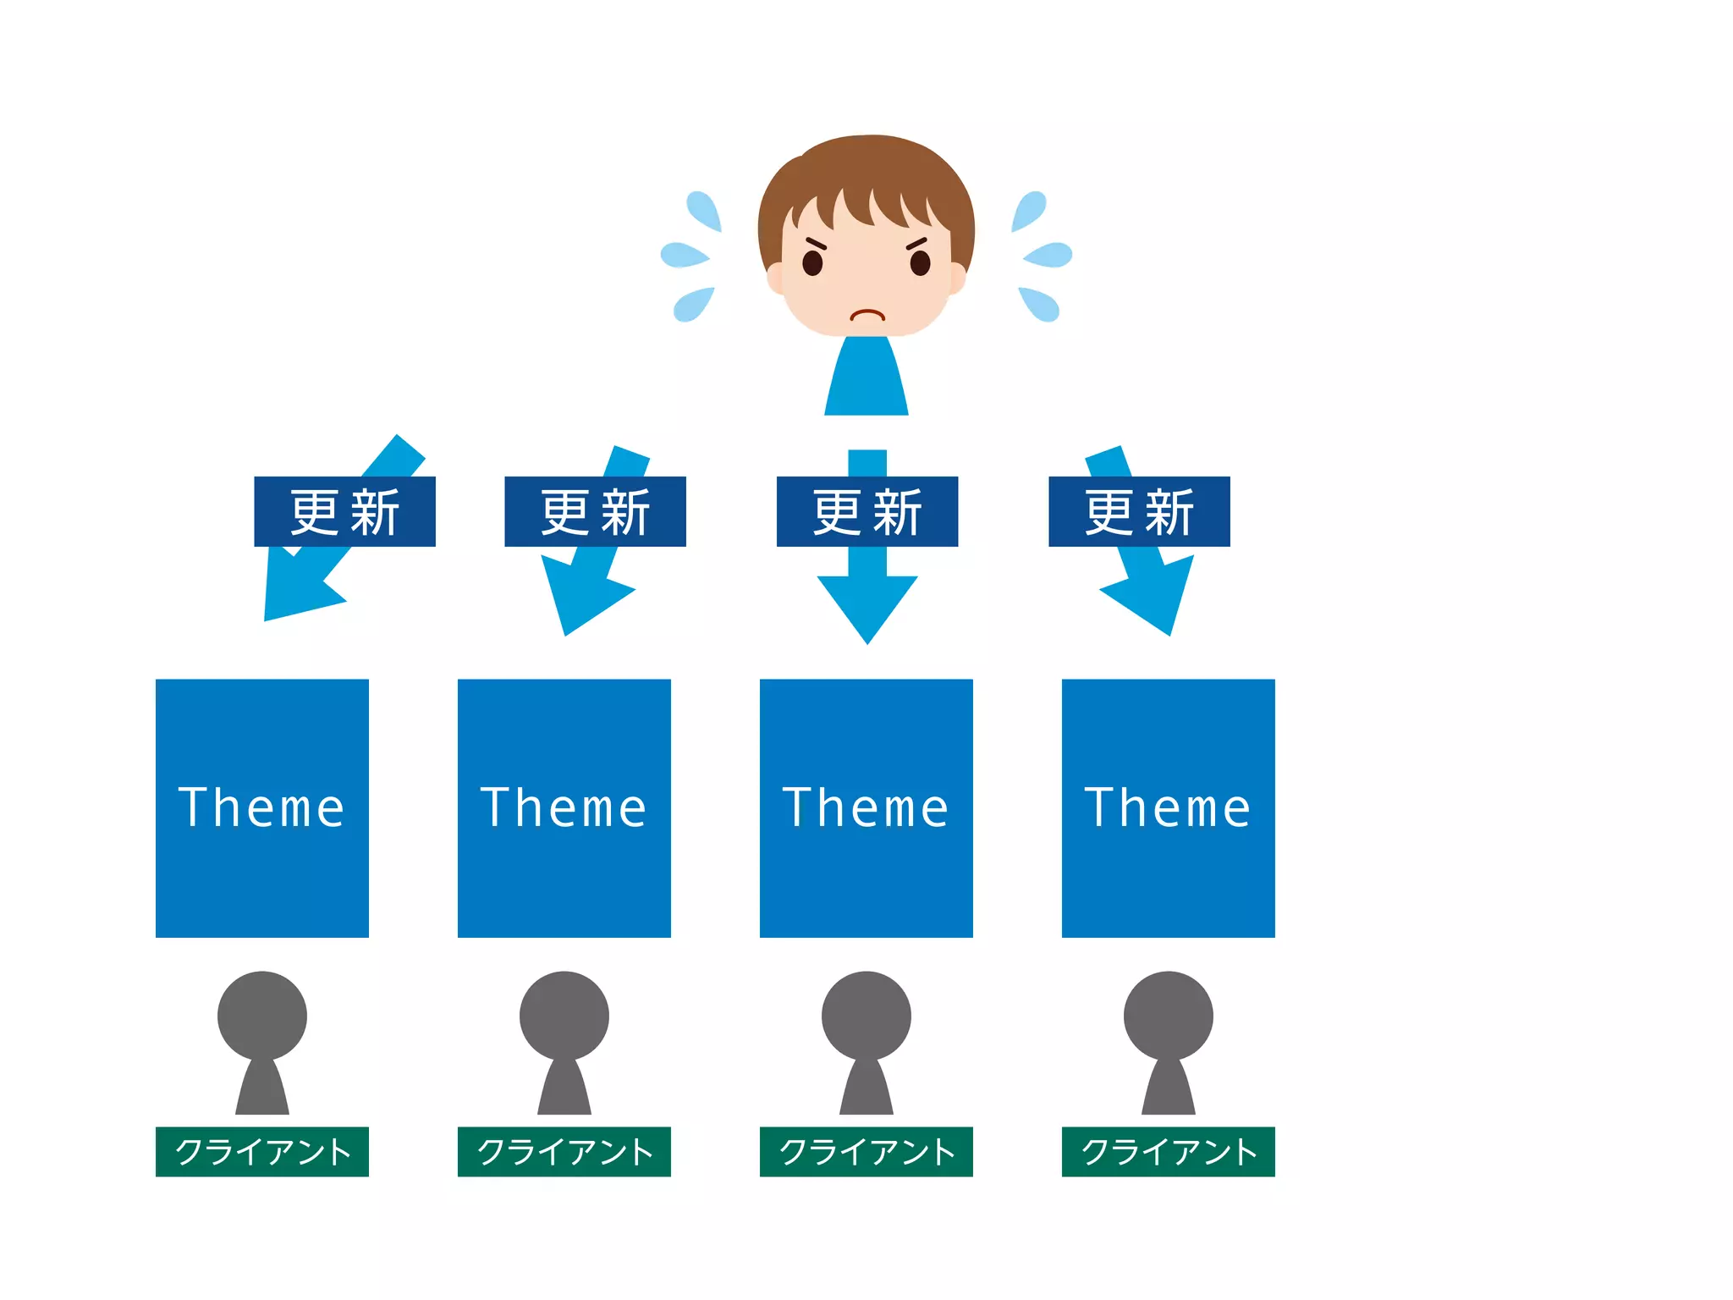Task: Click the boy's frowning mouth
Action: click(x=866, y=316)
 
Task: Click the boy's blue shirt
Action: click(x=866, y=381)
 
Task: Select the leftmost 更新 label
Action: click(x=344, y=512)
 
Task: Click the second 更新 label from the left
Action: click(x=595, y=512)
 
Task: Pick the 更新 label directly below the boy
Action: click(x=867, y=512)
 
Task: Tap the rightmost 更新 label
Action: click(x=1139, y=512)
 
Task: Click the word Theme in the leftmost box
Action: click(x=262, y=807)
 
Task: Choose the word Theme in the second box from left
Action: click(x=564, y=807)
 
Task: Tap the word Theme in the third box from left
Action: click(x=866, y=807)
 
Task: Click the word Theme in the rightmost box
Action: click(x=1169, y=807)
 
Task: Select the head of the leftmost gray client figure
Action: click(x=262, y=1015)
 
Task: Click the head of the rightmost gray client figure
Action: click(x=1169, y=1015)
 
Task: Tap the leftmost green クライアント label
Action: click(x=262, y=1152)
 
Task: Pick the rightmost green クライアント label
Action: click(x=1169, y=1152)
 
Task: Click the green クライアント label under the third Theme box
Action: click(x=866, y=1152)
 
